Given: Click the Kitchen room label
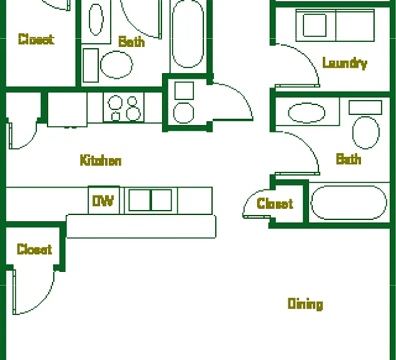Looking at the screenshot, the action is tap(101, 160).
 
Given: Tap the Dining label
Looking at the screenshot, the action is tap(305, 304).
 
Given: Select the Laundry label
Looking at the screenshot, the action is tap(345, 63).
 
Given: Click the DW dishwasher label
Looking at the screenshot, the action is tap(103, 201).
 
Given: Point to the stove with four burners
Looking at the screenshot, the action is tap(123, 107).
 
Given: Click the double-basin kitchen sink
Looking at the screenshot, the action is tap(150, 200).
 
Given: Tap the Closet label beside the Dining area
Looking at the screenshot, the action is tap(34, 249).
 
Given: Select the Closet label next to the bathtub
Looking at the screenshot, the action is tap(275, 203).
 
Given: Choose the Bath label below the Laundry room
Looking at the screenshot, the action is tap(348, 159).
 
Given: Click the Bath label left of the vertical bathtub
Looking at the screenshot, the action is tap(131, 42).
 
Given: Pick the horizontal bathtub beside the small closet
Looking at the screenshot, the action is tap(349, 202).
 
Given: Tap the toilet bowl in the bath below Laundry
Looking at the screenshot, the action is tap(366, 132).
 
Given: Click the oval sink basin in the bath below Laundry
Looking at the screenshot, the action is tap(307, 112).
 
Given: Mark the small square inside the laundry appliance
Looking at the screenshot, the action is tap(315, 25).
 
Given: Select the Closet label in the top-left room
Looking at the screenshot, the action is tap(36, 39).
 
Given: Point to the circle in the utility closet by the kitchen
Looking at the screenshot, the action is tap(183, 112).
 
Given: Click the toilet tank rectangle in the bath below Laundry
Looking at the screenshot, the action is tap(365, 107).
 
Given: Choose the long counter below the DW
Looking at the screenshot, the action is tap(141, 226).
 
